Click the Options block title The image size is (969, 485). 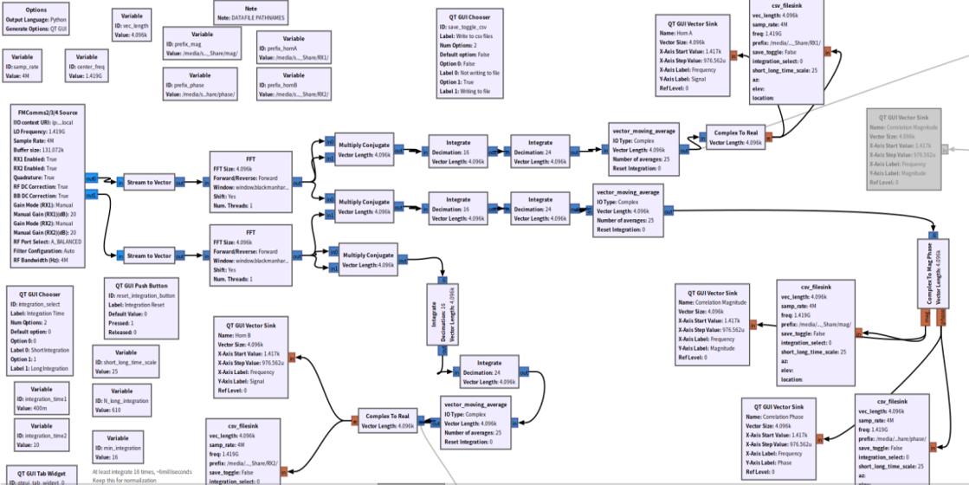[36, 9]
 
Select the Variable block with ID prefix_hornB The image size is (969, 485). [293, 85]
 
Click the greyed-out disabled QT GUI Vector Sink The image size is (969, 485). [903, 148]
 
